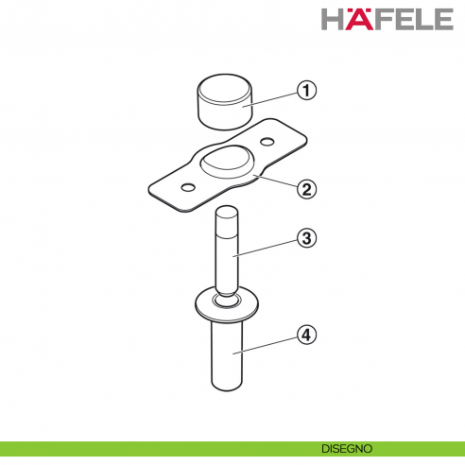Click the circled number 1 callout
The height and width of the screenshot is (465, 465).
point(304,91)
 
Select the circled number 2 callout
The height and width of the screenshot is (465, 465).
point(304,188)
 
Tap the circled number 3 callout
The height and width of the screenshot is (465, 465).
point(304,237)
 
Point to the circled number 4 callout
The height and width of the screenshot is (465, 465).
point(304,334)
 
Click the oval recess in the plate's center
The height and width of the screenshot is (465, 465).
point(228,162)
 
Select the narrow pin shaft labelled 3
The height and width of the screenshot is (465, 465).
point(227,255)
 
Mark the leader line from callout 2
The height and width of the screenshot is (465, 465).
point(274,181)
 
